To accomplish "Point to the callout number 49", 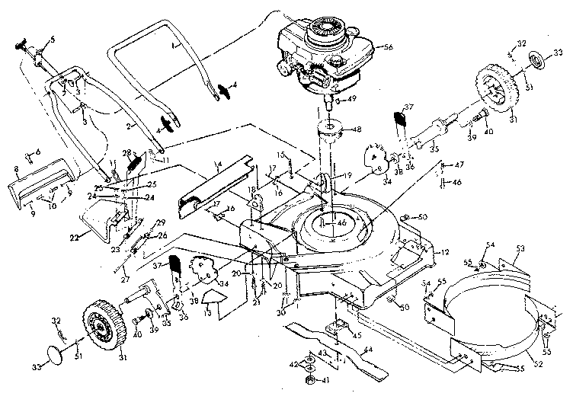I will tap(351, 99).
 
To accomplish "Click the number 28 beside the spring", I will tap(127, 152).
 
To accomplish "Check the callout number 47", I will tap(459, 165).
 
